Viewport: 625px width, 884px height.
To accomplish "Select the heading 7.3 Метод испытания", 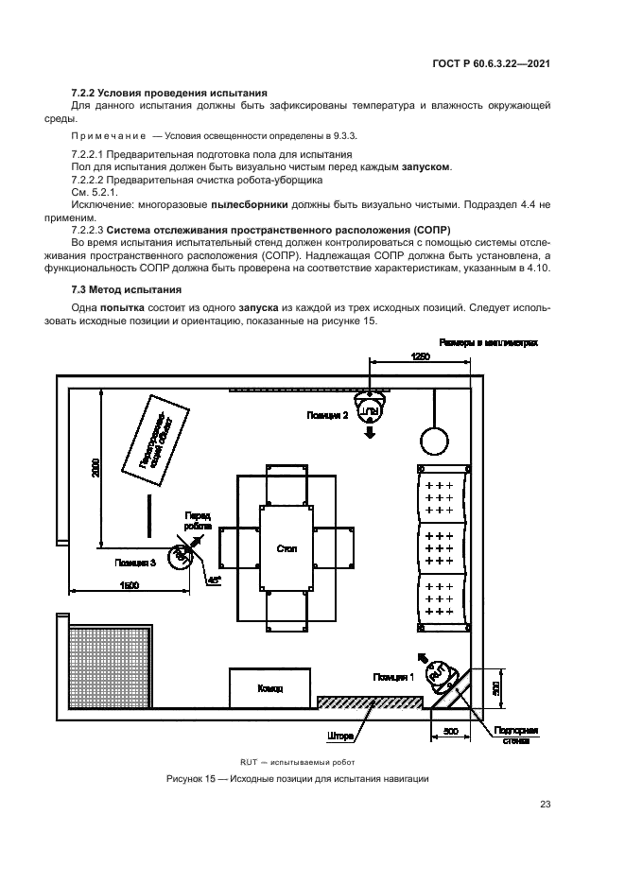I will tap(127, 289).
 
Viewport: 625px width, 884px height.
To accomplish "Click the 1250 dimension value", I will tap(421, 355).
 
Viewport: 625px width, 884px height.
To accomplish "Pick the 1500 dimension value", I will tap(129, 586).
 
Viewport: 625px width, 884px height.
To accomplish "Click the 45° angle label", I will tap(215, 579).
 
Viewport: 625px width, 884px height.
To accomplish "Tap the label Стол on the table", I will tap(286, 548).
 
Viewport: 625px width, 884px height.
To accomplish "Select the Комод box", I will tap(269, 688).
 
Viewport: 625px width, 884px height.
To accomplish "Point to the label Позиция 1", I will tap(393, 677).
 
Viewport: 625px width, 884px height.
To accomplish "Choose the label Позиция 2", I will tap(327, 415).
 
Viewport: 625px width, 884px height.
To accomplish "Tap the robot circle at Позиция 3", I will tap(178, 556).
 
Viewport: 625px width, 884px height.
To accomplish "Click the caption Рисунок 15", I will tap(297, 779).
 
